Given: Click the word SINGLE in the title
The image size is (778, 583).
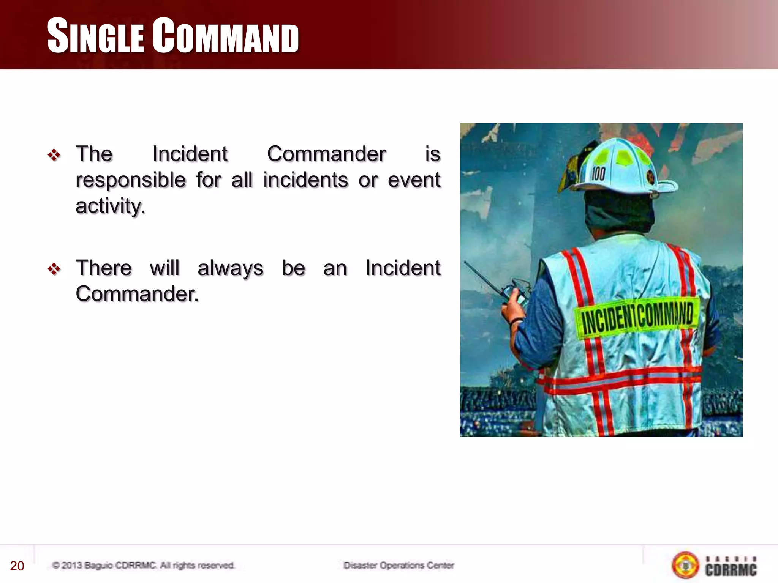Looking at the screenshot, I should pos(95,36).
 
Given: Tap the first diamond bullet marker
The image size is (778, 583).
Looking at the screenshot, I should pos(54,155).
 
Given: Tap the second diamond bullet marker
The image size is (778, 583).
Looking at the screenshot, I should pos(54,269).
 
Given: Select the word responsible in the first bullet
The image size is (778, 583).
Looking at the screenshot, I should pos(131,180).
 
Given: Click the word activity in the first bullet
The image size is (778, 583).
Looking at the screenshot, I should pos(110,206).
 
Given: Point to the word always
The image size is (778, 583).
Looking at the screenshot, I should pos(230,268).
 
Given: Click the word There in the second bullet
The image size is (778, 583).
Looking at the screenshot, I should pos(104,268).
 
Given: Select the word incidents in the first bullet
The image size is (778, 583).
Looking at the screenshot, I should pos(305,180).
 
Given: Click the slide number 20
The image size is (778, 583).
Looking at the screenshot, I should pos(17,566).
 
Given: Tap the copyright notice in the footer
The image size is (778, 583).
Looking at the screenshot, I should pos(143,566).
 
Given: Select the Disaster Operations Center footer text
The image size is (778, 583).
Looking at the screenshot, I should pos(398,566).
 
